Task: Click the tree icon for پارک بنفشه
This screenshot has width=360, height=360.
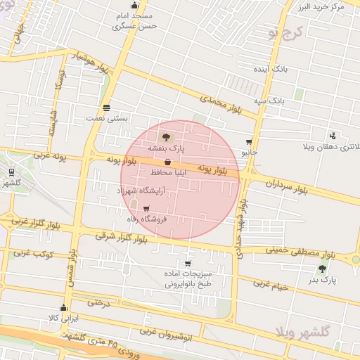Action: (x=166, y=138)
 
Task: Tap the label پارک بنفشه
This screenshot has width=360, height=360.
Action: (x=166, y=149)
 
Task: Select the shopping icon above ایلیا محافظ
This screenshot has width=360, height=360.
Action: (x=167, y=162)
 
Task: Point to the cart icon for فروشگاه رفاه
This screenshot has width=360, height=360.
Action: (x=146, y=208)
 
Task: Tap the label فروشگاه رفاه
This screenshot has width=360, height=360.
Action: (x=143, y=219)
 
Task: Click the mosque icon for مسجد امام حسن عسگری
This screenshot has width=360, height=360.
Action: (x=135, y=6)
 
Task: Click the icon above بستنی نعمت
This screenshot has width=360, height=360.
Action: (x=105, y=108)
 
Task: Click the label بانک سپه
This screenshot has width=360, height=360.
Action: (x=270, y=101)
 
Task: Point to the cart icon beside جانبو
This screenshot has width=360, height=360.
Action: (x=249, y=141)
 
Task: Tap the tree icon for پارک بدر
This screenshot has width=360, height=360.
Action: (x=323, y=269)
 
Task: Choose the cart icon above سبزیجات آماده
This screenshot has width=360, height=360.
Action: (x=188, y=264)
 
